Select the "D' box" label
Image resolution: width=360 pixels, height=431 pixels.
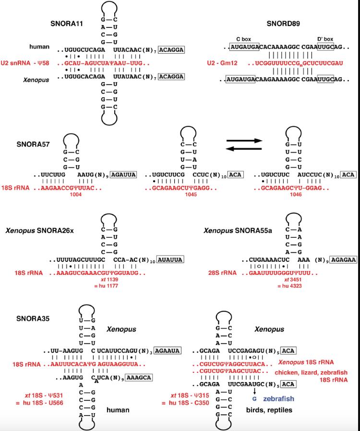[x=325, y=38]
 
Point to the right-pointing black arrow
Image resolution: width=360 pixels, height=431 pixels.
[x=245, y=141]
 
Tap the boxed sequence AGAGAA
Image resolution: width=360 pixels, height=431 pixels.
[x=344, y=260]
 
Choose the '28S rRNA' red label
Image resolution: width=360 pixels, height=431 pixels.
[x=222, y=273]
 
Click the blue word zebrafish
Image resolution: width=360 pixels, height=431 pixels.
[x=278, y=399]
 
